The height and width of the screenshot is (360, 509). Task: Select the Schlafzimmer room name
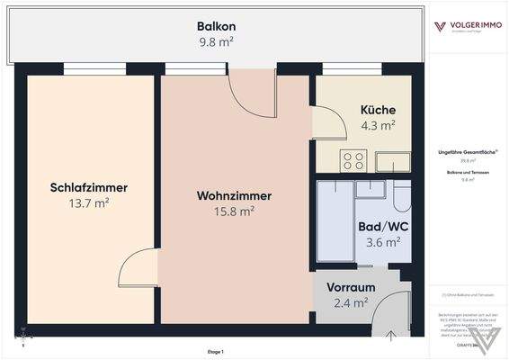click(x=88, y=188)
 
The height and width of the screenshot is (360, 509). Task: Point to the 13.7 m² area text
click(x=88, y=203)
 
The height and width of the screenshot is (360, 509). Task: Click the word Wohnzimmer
click(x=234, y=195)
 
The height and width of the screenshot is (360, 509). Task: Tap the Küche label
click(x=378, y=111)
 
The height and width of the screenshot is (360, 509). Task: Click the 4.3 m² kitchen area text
click(x=378, y=126)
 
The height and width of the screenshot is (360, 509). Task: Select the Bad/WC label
click(x=383, y=228)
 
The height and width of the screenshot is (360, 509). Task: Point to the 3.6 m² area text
click(x=383, y=243)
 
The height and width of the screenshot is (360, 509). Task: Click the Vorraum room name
click(x=351, y=288)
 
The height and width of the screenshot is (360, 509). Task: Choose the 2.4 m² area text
click(x=351, y=303)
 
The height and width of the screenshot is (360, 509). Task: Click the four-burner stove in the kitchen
click(x=353, y=161)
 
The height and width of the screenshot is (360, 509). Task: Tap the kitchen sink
click(x=392, y=161)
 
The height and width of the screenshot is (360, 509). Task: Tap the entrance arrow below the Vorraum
click(x=393, y=337)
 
